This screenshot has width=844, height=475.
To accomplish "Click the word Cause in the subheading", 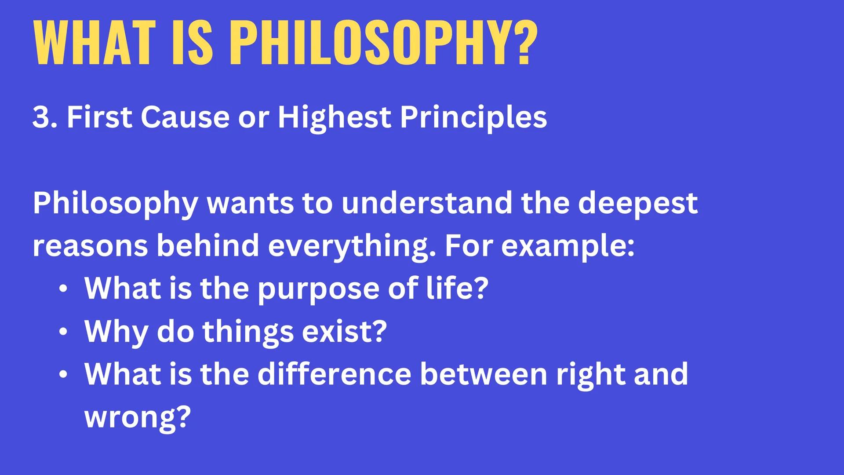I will [x=185, y=117].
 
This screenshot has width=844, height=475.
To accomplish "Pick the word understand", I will [x=426, y=203].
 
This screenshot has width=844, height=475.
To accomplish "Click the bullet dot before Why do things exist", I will [x=63, y=332].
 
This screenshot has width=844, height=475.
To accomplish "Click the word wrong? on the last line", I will [x=138, y=417].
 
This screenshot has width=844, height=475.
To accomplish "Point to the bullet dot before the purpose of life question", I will [x=63, y=289].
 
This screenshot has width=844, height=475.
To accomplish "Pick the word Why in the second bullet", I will [x=116, y=332].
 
